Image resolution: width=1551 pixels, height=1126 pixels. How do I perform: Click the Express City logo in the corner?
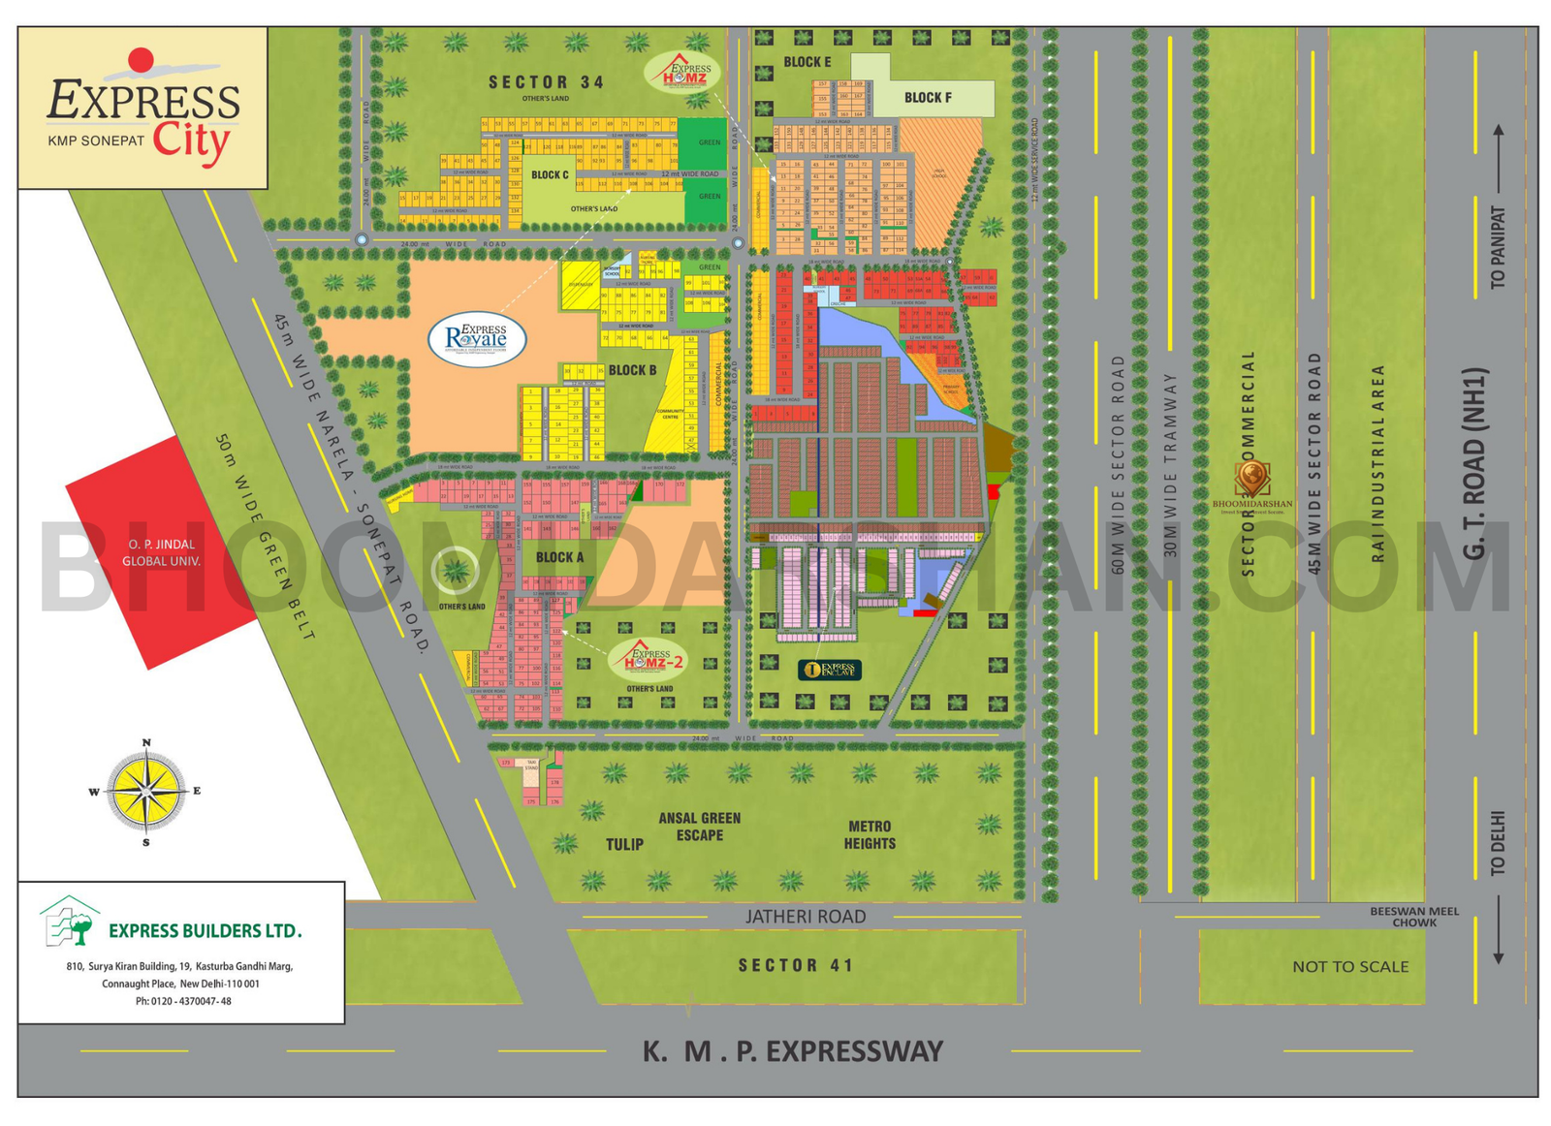click(142, 109)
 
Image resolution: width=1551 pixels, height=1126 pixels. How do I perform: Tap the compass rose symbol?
click(146, 792)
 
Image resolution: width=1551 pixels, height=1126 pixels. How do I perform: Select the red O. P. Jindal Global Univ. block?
click(160, 553)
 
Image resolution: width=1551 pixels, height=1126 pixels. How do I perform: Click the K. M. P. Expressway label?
click(792, 1051)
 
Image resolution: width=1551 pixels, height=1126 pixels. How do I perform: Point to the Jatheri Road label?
click(806, 917)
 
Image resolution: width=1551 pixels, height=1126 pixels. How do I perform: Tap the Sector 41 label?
click(796, 965)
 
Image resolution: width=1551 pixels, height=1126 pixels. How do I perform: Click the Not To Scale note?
click(1350, 966)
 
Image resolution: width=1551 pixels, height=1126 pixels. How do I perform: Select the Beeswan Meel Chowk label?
click(1413, 917)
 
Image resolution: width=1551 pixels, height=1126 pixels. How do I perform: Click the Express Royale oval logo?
click(477, 338)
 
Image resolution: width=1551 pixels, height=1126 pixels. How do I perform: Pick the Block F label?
click(928, 98)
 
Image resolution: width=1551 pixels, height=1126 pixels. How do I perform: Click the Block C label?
click(550, 175)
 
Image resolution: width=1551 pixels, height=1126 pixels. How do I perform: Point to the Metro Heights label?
click(870, 835)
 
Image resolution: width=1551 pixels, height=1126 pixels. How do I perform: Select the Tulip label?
click(624, 844)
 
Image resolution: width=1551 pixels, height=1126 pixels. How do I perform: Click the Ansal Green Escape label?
click(699, 827)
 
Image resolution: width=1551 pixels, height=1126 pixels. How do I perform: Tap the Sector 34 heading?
click(546, 83)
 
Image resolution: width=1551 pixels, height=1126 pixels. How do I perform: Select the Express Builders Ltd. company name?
click(205, 931)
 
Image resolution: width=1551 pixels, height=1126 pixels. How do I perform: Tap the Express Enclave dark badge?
click(830, 669)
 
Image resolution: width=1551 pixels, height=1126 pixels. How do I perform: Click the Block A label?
click(559, 557)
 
